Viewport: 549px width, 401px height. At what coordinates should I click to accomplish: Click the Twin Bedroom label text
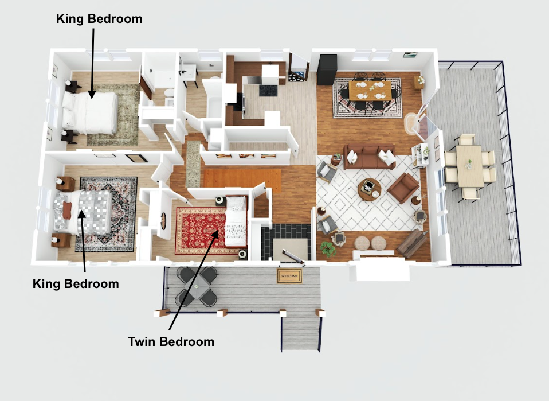(171, 341)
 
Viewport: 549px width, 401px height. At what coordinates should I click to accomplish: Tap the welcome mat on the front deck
(289, 276)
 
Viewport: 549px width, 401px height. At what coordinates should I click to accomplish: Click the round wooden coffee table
(370, 189)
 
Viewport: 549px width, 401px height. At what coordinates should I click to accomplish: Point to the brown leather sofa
(370, 157)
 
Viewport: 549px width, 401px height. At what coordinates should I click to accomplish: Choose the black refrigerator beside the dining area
(327, 70)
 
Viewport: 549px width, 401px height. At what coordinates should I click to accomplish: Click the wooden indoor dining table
(370, 91)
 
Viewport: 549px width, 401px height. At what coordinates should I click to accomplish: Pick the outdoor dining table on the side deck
(469, 166)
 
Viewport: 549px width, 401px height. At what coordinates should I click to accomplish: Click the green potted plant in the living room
(328, 248)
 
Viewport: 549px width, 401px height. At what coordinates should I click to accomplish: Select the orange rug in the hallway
(242, 180)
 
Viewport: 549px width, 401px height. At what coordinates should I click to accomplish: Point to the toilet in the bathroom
(169, 93)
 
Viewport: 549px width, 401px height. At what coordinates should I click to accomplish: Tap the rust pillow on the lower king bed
(67, 211)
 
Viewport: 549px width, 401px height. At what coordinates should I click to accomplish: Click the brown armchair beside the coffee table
(403, 188)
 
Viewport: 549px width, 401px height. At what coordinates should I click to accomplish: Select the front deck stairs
(301, 330)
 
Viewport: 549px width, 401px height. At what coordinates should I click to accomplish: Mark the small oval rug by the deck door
(410, 123)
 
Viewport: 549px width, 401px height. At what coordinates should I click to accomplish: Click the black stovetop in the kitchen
(268, 91)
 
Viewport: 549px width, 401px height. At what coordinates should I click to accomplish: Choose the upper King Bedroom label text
(99, 18)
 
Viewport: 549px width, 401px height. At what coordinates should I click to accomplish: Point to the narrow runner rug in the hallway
(193, 163)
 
